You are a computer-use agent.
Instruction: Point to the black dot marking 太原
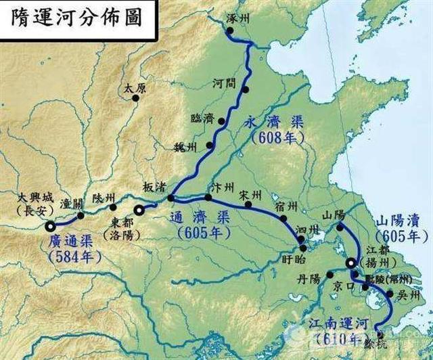(136, 98)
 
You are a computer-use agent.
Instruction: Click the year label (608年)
(277, 137)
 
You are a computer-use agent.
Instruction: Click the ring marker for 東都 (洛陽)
(139, 210)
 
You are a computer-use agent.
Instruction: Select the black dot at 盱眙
(304, 249)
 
